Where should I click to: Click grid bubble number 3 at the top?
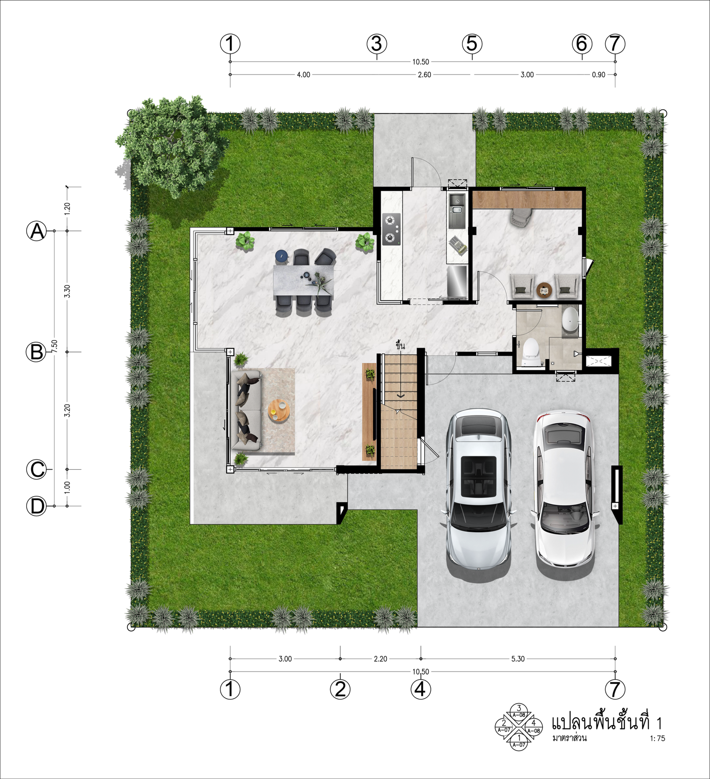click(x=377, y=43)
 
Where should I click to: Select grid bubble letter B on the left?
click(x=36, y=352)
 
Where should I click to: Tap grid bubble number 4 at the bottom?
click(x=421, y=689)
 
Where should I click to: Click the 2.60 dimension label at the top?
click(x=424, y=75)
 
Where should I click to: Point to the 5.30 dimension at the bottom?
click(x=518, y=659)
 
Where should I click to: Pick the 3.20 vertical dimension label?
click(x=67, y=411)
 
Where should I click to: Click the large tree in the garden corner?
click(x=171, y=144)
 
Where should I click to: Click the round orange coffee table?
click(x=279, y=411)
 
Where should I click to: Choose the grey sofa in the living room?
click(x=246, y=411)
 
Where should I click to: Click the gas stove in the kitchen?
click(x=391, y=229)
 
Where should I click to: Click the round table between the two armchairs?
click(x=544, y=290)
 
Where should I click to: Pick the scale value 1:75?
click(x=657, y=738)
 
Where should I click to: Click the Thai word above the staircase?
click(x=400, y=345)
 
